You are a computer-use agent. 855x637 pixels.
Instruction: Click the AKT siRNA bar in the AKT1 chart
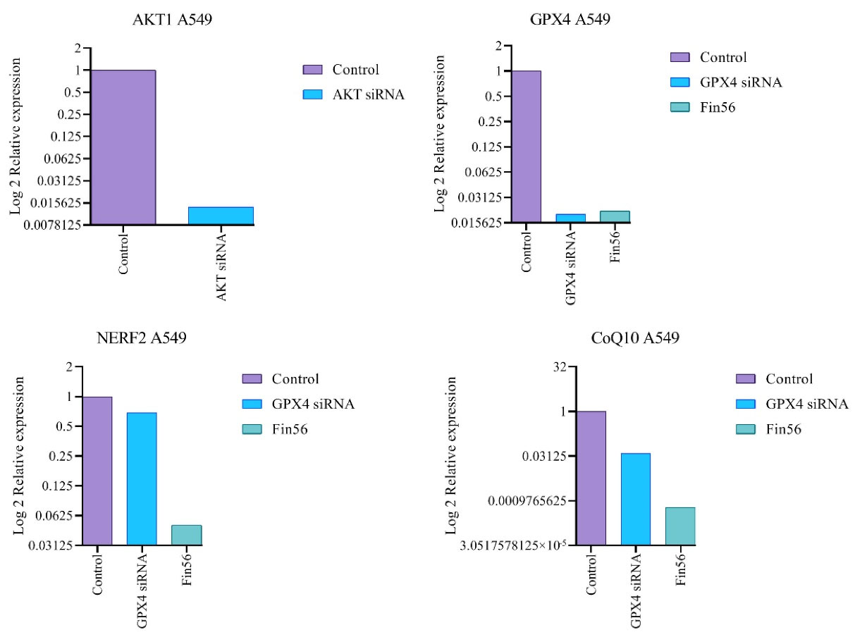221,216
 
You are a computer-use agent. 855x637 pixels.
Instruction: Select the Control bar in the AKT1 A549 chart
123,147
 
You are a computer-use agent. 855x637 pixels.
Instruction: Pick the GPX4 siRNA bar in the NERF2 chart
142,478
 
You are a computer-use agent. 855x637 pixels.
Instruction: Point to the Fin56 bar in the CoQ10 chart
679,526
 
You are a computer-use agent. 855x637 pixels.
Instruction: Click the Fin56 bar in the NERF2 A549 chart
186,535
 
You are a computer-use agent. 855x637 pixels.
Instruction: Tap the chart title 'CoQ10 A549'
635,339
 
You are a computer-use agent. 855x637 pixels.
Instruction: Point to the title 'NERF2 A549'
142,339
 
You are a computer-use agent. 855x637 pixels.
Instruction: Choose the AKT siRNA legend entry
352,94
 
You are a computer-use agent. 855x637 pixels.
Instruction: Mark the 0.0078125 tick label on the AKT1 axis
51,225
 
